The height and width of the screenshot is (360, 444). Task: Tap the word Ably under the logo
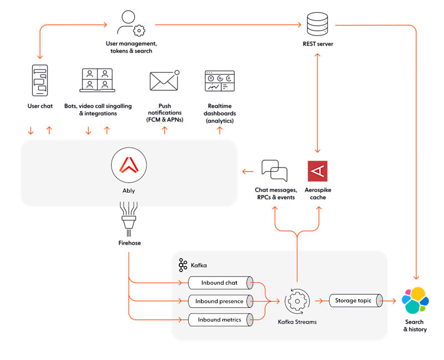tap(129, 191)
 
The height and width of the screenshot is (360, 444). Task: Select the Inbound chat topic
tap(220, 283)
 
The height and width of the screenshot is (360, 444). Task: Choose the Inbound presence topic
tap(220, 301)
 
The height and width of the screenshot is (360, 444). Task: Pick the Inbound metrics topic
tap(220, 320)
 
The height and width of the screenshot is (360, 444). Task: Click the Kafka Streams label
tap(297, 322)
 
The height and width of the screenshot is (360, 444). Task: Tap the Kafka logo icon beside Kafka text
tap(183, 265)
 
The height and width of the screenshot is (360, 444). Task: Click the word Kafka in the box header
tap(199, 266)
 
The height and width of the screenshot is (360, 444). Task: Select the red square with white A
tap(317, 171)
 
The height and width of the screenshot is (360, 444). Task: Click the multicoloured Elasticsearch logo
tap(416, 300)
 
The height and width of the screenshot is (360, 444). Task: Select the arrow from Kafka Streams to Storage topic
tap(319, 301)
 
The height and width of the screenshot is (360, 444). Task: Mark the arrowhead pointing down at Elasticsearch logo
tap(416, 275)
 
